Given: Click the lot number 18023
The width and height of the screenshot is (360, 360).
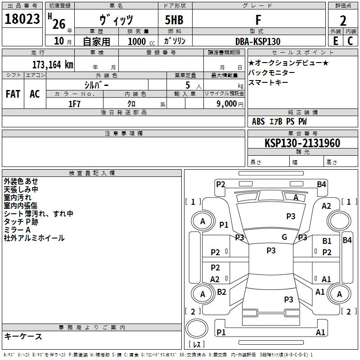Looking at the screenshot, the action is point(22,19).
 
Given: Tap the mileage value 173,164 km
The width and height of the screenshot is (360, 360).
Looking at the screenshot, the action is point(53,65).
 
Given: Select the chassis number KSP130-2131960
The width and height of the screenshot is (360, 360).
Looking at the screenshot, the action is point(302,143).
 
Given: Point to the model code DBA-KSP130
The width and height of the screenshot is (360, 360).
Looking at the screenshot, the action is point(258,41).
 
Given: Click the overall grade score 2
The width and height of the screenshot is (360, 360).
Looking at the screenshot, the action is point(343,21).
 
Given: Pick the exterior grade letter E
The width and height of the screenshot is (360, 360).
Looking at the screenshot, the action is point(336,41).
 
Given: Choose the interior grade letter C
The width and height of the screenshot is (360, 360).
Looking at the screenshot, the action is point(351,41).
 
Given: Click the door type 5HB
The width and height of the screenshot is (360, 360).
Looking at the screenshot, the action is point(174,20).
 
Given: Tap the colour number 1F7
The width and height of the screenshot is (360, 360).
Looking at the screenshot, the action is point(74,104).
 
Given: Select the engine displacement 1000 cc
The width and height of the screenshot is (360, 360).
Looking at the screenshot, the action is point(141,41).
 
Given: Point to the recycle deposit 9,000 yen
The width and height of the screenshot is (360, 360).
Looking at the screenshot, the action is point(230,104).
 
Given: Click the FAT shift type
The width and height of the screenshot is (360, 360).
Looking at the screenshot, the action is point(13,94).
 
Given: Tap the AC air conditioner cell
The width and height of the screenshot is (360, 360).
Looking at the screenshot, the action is point(35,94).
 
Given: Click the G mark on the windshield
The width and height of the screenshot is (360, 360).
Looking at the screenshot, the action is point(284,237).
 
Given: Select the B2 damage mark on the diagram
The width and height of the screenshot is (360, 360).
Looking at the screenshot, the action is point(221,292).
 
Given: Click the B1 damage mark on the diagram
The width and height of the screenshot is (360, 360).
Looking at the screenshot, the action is point(327,241).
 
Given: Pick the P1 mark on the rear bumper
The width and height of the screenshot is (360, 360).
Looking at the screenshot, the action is point(221,332).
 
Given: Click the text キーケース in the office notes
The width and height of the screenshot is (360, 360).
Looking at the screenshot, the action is point(23,336).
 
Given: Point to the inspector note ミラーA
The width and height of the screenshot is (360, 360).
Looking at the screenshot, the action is point(17,230).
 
